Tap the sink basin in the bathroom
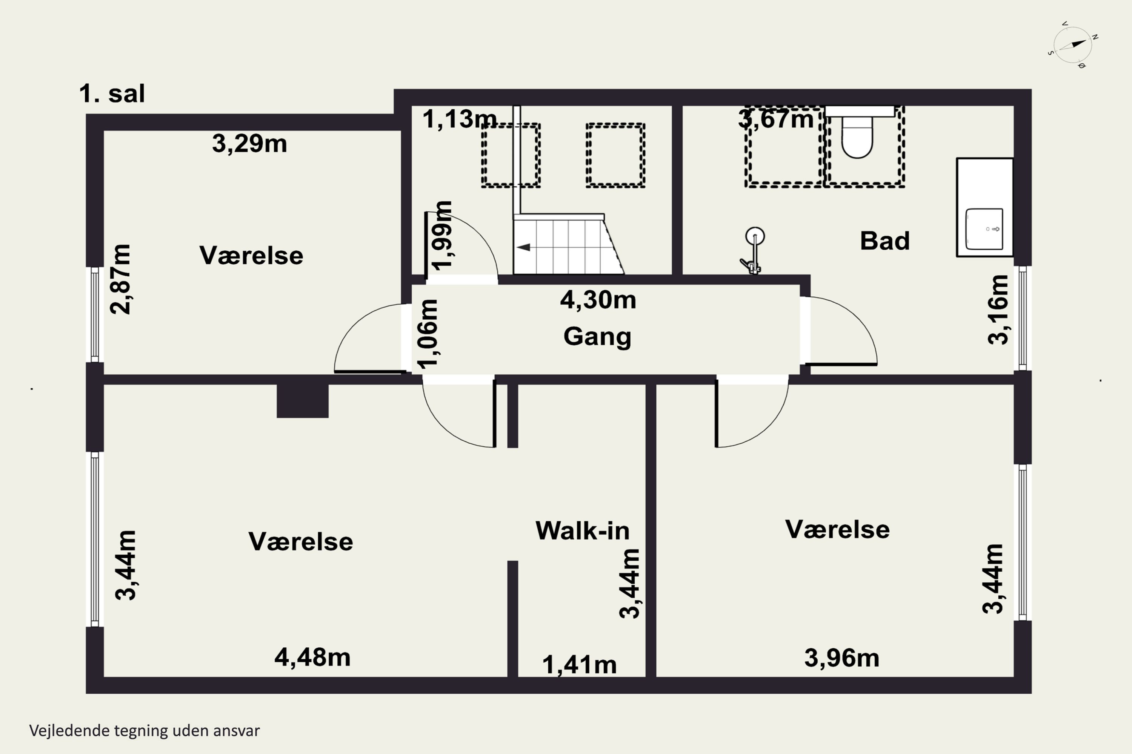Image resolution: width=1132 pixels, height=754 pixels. [x=984, y=229]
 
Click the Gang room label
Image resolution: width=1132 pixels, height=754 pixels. [x=597, y=337]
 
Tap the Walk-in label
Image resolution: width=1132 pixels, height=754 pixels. [x=582, y=531]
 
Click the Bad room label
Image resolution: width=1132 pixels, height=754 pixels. [x=884, y=241]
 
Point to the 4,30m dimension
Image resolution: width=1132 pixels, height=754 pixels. [x=598, y=300]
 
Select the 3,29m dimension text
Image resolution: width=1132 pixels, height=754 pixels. [x=249, y=143]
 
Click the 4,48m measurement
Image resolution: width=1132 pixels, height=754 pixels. [x=312, y=657]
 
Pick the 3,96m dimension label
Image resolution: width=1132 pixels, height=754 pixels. [x=842, y=658]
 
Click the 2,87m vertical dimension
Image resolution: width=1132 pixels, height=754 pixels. [x=120, y=279]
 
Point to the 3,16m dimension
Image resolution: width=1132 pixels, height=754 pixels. [x=997, y=310]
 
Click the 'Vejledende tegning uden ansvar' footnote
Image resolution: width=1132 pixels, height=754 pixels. [x=145, y=731]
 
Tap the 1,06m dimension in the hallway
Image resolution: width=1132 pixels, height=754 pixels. [x=428, y=334]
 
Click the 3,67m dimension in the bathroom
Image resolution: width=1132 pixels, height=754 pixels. [x=775, y=119]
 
